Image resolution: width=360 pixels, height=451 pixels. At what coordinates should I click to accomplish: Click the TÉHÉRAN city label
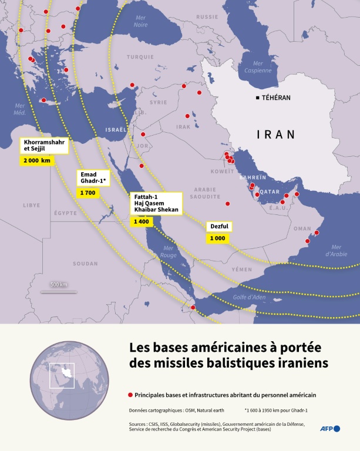point(277,97)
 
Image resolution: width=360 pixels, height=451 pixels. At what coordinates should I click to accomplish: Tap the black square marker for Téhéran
point(257,97)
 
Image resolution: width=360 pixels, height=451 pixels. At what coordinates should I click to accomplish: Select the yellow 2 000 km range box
point(37,160)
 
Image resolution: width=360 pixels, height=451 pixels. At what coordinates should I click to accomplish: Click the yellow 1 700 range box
point(87,193)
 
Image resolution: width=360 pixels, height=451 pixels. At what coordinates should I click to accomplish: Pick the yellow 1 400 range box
point(142,221)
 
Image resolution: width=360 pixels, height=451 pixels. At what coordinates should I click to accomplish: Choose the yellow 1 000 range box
point(217,238)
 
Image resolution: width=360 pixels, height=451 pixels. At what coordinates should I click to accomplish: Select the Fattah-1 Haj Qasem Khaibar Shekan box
point(156,203)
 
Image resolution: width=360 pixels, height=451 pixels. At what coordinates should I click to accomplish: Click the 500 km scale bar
point(59,290)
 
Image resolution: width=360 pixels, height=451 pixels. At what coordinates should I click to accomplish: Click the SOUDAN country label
point(85,264)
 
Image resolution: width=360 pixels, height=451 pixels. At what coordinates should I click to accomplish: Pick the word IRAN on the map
point(276,134)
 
